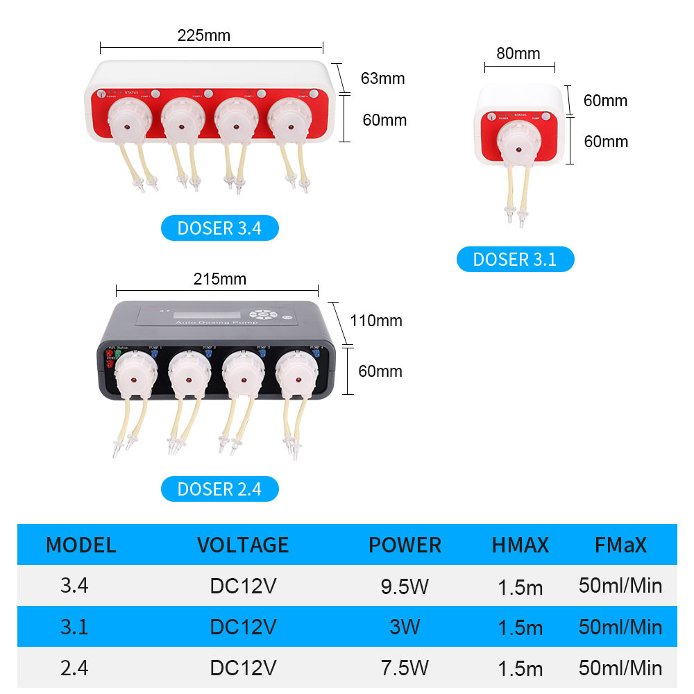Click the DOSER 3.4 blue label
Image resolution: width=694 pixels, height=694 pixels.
pyautogui.click(x=219, y=228)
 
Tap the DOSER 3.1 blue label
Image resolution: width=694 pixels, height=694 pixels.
pyautogui.click(x=515, y=260)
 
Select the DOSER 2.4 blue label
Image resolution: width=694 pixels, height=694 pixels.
pyautogui.click(x=219, y=489)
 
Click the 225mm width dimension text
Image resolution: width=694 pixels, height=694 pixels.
pyautogui.click(x=204, y=35)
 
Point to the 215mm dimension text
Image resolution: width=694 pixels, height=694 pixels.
pyautogui.click(x=220, y=279)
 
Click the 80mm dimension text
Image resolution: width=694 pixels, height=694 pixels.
pyautogui.click(x=518, y=53)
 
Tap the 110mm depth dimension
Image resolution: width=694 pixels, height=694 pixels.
pyautogui.click(x=376, y=321)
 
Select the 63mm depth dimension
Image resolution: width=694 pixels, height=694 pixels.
pyautogui.click(x=382, y=78)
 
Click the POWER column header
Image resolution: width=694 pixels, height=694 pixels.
pyautogui.click(x=405, y=545)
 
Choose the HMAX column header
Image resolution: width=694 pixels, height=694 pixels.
pyautogui.click(x=520, y=545)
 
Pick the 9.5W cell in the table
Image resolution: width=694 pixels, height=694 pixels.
pyautogui.click(x=405, y=586)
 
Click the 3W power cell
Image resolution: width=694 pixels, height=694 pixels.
pyautogui.click(x=405, y=627)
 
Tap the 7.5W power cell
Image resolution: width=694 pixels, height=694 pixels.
pyautogui.click(x=405, y=668)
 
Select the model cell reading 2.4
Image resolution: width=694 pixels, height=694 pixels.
pyautogui.click(x=74, y=668)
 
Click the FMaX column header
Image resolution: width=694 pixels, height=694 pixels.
pyautogui.click(x=620, y=545)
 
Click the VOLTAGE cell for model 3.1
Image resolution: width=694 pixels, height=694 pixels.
pyautogui.click(x=243, y=627)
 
